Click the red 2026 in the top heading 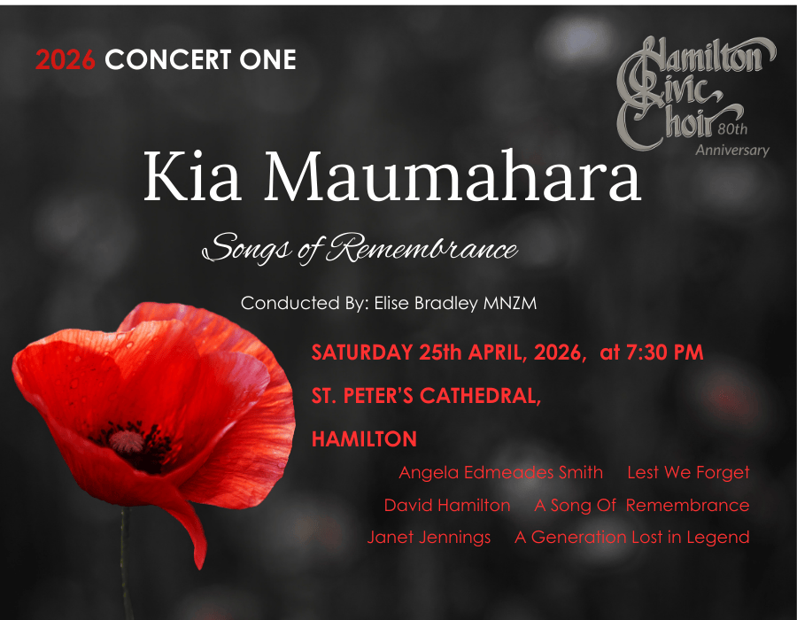click(x=66, y=60)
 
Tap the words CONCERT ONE click(x=200, y=60)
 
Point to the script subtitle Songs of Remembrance click(x=360, y=249)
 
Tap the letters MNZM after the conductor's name click(x=510, y=303)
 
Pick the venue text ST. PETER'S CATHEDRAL click(x=426, y=396)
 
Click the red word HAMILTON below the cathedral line click(x=364, y=439)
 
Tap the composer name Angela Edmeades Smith click(x=500, y=472)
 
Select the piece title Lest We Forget click(x=688, y=472)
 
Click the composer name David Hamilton click(x=447, y=506)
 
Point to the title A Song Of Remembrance click(x=641, y=506)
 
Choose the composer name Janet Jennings click(x=429, y=537)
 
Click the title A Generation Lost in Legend click(x=631, y=537)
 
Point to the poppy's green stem click(x=127, y=567)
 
